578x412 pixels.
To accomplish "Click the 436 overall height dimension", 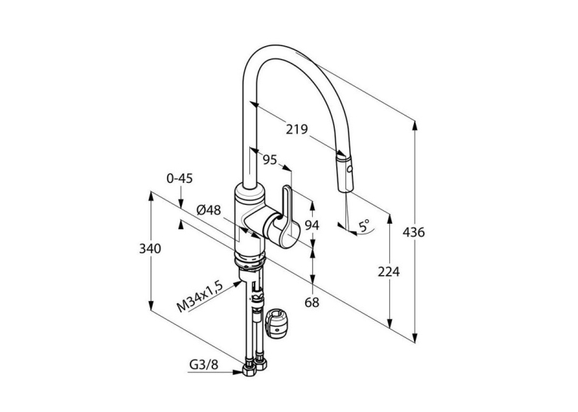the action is tap(413, 232).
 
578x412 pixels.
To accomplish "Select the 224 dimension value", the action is tap(388, 272).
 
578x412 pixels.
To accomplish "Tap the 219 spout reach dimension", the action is tap(297, 129).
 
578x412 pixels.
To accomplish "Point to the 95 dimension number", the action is tap(270, 160).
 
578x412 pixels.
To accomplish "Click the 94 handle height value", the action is tap(312, 225).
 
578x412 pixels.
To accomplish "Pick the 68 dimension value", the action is tap(312, 302).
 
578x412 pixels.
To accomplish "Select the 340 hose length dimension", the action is tap(150, 249).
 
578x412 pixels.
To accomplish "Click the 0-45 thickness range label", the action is tap(180, 178).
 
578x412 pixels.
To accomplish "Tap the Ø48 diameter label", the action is tap(209, 210).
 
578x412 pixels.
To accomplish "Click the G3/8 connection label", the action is tap(204, 365).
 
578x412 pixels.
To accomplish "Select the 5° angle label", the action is tap(364, 225).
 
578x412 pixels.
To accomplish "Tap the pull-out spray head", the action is tap(346, 173).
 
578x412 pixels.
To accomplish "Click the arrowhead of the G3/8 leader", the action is tap(238, 372).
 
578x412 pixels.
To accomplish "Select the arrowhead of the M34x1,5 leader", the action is tap(238, 283).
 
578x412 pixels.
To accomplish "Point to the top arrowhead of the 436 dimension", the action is tap(415, 125).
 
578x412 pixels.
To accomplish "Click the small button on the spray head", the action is tap(349, 170).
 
